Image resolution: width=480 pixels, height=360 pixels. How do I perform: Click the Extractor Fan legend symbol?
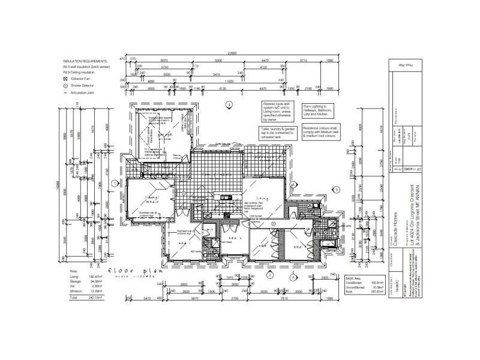[65, 78]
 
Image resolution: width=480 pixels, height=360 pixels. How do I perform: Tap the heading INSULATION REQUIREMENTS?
[85, 61]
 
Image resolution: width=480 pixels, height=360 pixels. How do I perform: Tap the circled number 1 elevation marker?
[114, 184]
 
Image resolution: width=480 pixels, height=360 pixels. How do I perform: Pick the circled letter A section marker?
[293, 277]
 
